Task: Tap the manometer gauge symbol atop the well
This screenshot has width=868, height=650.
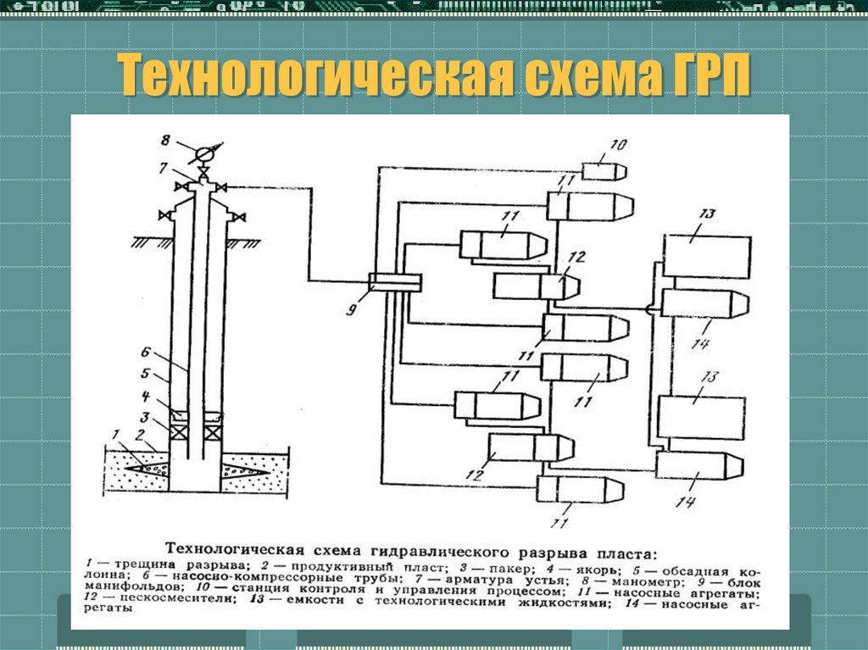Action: click(203, 153)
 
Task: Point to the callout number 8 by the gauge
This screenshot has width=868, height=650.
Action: click(166, 140)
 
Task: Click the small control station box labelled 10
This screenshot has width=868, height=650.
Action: click(604, 169)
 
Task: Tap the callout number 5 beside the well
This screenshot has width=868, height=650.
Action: click(145, 373)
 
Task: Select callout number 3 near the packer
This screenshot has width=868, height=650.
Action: click(145, 416)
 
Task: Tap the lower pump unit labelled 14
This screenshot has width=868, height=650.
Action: click(699, 465)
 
